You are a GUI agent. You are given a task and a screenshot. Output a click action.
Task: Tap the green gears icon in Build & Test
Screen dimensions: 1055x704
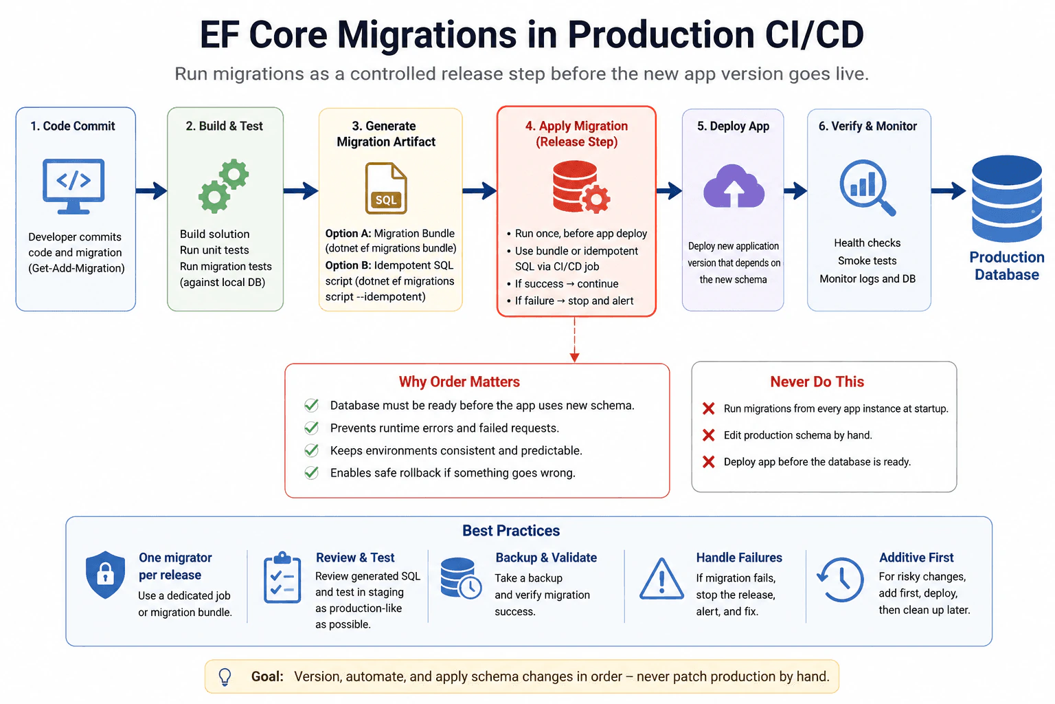coord(223,186)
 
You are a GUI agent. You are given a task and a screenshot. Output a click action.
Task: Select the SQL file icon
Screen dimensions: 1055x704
coord(386,188)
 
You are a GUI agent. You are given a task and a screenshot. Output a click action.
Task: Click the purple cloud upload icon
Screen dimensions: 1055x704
coord(734,186)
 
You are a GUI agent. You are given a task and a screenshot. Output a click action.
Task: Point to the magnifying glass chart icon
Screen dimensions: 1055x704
coord(867,188)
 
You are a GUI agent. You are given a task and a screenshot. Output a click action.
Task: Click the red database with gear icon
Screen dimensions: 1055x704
coord(581,187)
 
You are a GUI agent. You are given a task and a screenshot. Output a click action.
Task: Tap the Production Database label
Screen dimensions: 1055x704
coord(1006,265)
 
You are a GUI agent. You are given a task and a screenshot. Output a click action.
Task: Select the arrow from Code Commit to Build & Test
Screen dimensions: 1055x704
coord(151,190)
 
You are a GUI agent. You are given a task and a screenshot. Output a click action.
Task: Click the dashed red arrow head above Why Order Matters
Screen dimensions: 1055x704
coord(574,357)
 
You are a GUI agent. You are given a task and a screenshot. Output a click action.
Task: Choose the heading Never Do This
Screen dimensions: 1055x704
coord(817,382)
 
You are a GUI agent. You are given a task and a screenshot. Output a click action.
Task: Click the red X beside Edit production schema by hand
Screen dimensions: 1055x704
coord(708,434)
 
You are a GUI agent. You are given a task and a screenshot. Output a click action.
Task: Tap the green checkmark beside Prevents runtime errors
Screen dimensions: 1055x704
coord(311,428)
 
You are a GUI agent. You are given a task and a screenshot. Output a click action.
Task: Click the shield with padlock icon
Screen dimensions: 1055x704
coord(105,574)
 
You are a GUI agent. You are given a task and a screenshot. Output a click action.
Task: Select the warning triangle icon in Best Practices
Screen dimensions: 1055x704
coord(661,579)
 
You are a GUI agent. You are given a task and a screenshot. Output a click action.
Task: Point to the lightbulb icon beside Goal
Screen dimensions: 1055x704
coord(225,676)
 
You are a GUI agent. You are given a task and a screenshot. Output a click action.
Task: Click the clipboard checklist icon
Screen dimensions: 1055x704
coord(282,577)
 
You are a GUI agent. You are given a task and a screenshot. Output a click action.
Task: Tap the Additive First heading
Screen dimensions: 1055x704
coord(916,558)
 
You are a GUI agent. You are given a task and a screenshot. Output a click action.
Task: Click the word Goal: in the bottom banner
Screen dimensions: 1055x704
coord(267,676)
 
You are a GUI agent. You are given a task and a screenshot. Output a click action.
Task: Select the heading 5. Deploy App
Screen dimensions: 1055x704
coord(733,126)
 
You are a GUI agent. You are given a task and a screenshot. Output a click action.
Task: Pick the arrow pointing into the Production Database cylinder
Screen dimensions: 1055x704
coord(949,190)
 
